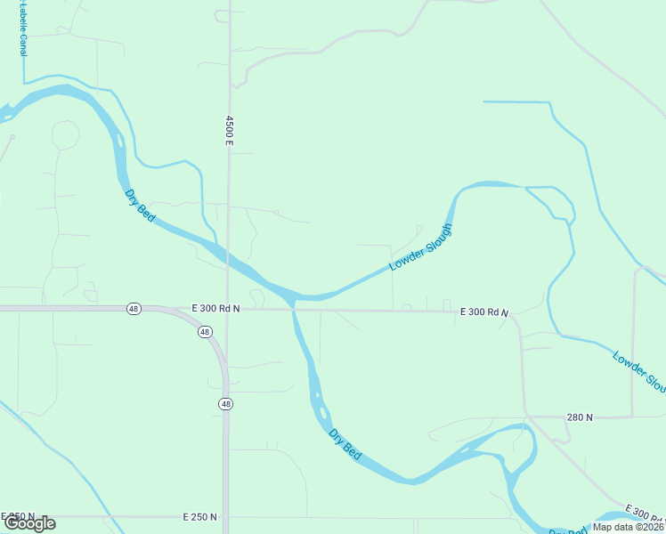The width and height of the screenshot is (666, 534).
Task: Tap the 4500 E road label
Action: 229,130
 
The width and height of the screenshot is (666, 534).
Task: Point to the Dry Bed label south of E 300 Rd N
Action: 345,444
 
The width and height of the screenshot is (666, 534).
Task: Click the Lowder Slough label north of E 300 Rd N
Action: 421,247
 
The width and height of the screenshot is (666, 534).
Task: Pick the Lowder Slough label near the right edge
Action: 639,372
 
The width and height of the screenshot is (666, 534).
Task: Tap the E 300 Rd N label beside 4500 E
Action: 216,308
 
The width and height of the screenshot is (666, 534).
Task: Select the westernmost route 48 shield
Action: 134,309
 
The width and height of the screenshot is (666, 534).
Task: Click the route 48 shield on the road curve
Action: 205,332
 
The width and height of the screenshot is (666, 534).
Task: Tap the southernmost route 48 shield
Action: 225,403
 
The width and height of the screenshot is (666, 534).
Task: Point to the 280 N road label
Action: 580,417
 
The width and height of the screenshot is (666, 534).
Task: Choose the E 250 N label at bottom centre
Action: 200,516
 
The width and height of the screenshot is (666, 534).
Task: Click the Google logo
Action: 29,523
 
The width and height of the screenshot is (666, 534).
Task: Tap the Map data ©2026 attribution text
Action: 627,527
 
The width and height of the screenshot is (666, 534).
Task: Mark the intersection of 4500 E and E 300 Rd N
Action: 228,310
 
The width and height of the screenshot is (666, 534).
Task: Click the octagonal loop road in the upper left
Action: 65,135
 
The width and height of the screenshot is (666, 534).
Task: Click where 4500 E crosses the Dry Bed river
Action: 228,259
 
